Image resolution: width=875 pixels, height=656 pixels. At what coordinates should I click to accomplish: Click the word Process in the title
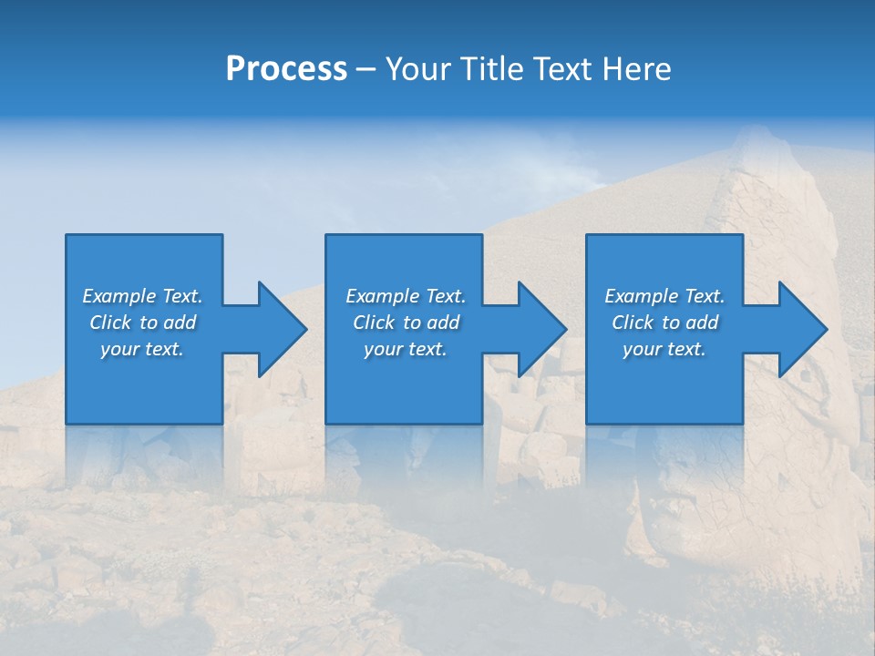(286, 69)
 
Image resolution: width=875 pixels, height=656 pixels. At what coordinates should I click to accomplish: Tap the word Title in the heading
(492, 69)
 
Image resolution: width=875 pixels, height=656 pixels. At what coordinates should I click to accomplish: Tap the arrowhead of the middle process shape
(540, 329)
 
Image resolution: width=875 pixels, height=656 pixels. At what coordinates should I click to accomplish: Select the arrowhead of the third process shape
(801, 329)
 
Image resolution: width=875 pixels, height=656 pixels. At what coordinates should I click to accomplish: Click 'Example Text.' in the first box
(142, 296)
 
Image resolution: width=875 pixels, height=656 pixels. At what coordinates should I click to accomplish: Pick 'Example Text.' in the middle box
(406, 296)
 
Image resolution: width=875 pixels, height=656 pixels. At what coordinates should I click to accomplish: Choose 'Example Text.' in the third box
(664, 296)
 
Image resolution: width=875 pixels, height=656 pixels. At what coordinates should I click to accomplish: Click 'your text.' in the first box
(142, 349)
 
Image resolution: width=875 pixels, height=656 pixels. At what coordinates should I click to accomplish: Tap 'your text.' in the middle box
(406, 349)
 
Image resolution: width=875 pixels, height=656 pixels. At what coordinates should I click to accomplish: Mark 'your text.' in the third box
(664, 349)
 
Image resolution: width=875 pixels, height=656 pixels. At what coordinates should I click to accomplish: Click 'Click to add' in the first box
(142, 323)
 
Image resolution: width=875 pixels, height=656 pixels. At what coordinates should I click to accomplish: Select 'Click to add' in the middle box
(406, 323)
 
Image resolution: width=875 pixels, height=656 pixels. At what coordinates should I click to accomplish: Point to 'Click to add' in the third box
(664, 323)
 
